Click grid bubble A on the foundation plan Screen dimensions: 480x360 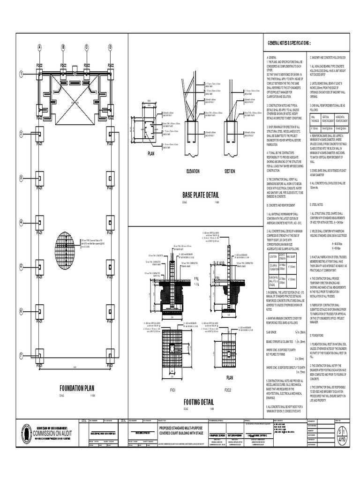pyautogui.click(x=40, y=47)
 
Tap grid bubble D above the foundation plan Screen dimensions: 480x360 pyautogui.click(x=111, y=47)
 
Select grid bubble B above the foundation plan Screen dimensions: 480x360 pyautogui.click(x=63, y=47)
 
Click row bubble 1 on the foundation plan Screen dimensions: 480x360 pyautogui.click(x=21, y=74)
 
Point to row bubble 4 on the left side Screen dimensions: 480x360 pyautogui.click(x=21, y=222)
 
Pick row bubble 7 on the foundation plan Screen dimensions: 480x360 pyautogui.click(x=21, y=355)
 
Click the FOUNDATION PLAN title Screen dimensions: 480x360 pyautogui.click(x=77, y=388)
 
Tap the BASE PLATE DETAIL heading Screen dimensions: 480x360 pyautogui.click(x=201, y=195)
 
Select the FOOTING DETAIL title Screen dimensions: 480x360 pyautogui.click(x=199, y=402)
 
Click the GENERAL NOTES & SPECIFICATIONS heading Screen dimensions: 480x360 pyautogui.click(x=289, y=43)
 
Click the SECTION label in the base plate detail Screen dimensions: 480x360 pyautogui.click(x=230, y=172)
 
